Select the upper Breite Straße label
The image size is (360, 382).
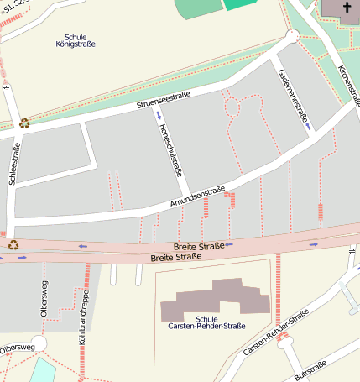click(199, 246)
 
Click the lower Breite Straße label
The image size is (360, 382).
click(176, 256)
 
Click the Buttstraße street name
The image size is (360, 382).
click(310, 370)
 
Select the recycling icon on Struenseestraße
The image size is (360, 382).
click(24, 123)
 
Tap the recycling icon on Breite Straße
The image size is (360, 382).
click(13, 245)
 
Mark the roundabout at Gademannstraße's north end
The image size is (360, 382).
click(292, 36)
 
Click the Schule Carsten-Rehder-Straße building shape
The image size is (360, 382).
click(210, 300)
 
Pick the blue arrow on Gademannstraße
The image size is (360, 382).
click(309, 126)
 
